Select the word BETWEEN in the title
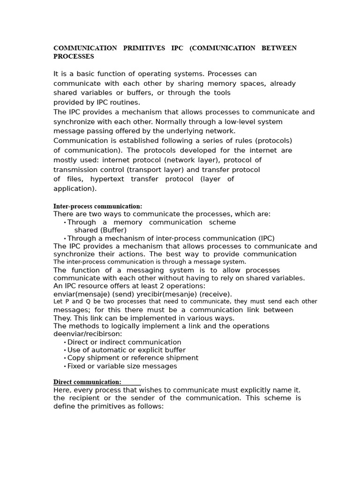pyautogui.click(x=279, y=48)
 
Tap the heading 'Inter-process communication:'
pyautogui.click(x=97, y=206)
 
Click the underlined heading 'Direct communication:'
pyautogui.click(x=87, y=382)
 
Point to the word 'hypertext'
pyautogui.click(x=107, y=179)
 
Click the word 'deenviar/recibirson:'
pyautogui.click(x=88, y=334)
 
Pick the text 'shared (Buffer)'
pyautogui.click(x=100, y=230)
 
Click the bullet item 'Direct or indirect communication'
pyautogui.click(x=124, y=342)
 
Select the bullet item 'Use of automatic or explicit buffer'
pyautogui.click(x=127, y=350)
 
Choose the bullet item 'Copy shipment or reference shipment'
pyautogui.click(x=133, y=358)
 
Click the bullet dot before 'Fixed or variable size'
pyautogui.click(x=65, y=367)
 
